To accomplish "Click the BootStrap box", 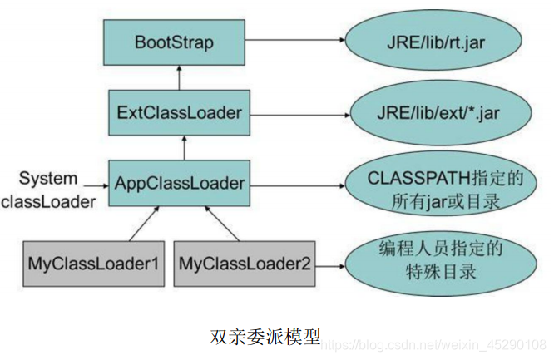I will tap(174, 42).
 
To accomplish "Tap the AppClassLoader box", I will tap(178, 182).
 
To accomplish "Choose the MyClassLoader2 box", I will tap(243, 263).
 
